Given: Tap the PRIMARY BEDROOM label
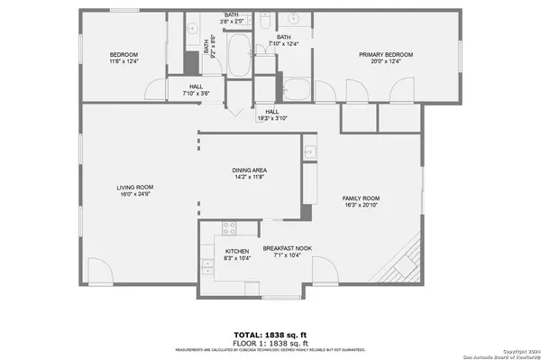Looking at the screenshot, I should click(386, 55).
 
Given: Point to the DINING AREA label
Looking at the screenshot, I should click(250, 170).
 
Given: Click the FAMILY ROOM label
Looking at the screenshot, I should click(360, 198).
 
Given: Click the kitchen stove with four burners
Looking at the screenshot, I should click(229, 229).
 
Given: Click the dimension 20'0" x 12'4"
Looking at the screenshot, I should click(386, 62).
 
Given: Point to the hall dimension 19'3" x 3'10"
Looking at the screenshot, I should click(271, 118).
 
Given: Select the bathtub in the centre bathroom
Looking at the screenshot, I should click(240, 56).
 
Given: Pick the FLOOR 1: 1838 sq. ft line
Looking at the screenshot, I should click(270, 344).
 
